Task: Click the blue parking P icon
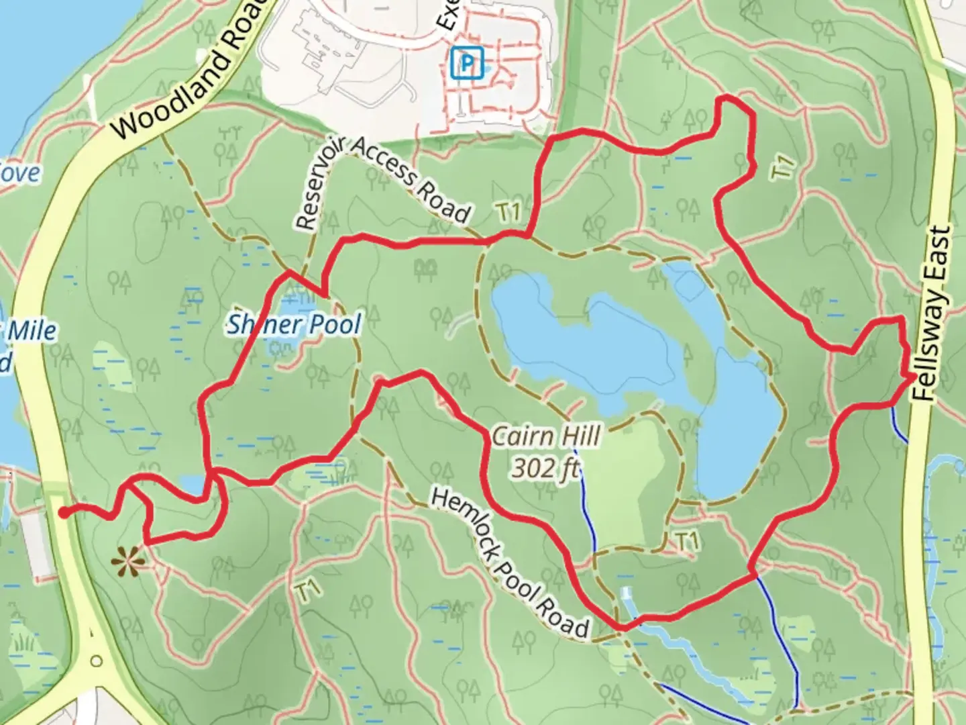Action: pyautogui.click(x=467, y=64)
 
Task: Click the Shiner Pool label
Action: pyautogui.click(x=294, y=325)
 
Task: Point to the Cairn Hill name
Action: pyautogui.click(x=546, y=437)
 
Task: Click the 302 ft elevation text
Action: pyautogui.click(x=545, y=468)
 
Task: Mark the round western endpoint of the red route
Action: pyautogui.click(x=63, y=513)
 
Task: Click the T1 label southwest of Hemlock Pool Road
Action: pyautogui.click(x=307, y=592)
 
